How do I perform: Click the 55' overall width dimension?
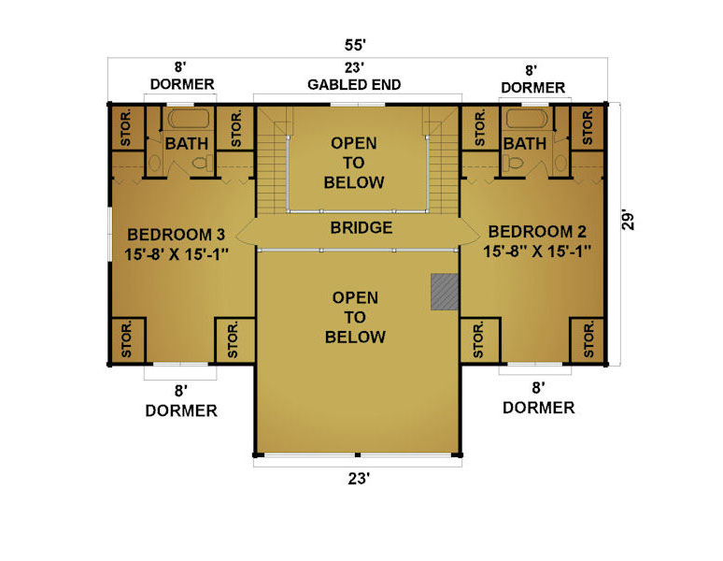pos(355,45)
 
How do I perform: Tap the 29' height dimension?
pos(627,221)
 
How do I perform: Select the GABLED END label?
pos(354,84)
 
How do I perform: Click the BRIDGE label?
pos(361,227)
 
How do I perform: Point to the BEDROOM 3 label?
pos(177,235)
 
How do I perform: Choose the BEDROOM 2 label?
pos(537,231)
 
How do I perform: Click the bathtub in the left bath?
pos(188,119)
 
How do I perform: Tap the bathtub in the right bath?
pos(527,118)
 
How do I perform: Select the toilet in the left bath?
pos(202,163)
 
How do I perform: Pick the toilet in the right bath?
pos(512,163)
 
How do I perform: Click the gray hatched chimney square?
pos(445,292)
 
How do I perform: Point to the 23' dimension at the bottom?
pos(359,479)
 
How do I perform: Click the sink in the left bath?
pos(154,164)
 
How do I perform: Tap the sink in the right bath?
pos(560,163)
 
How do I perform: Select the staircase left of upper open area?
pos(272,161)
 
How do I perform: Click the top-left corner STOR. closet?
pos(127,128)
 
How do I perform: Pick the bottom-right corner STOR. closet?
pos(587,340)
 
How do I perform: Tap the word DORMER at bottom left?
pos(181,410)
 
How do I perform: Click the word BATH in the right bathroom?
pos(525,143)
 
